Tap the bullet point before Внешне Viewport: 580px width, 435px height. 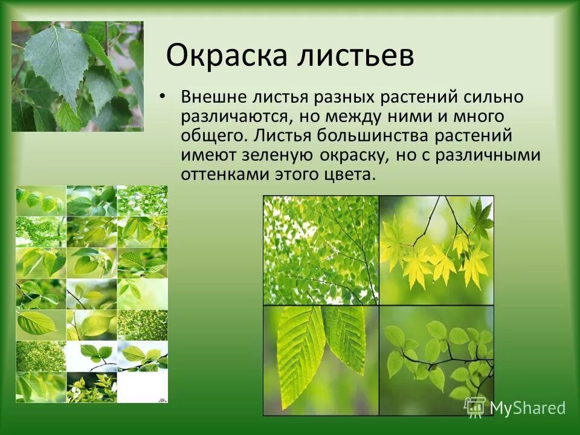[x=161, y=97]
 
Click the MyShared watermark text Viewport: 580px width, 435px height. [x=527, y=408]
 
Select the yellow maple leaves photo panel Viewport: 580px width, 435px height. [x=436, y=250]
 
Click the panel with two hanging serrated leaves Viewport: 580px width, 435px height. [x=320, y=359]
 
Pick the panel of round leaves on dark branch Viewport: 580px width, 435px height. [x=436, y=359]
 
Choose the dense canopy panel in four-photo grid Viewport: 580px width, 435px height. [x=320, y=250]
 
